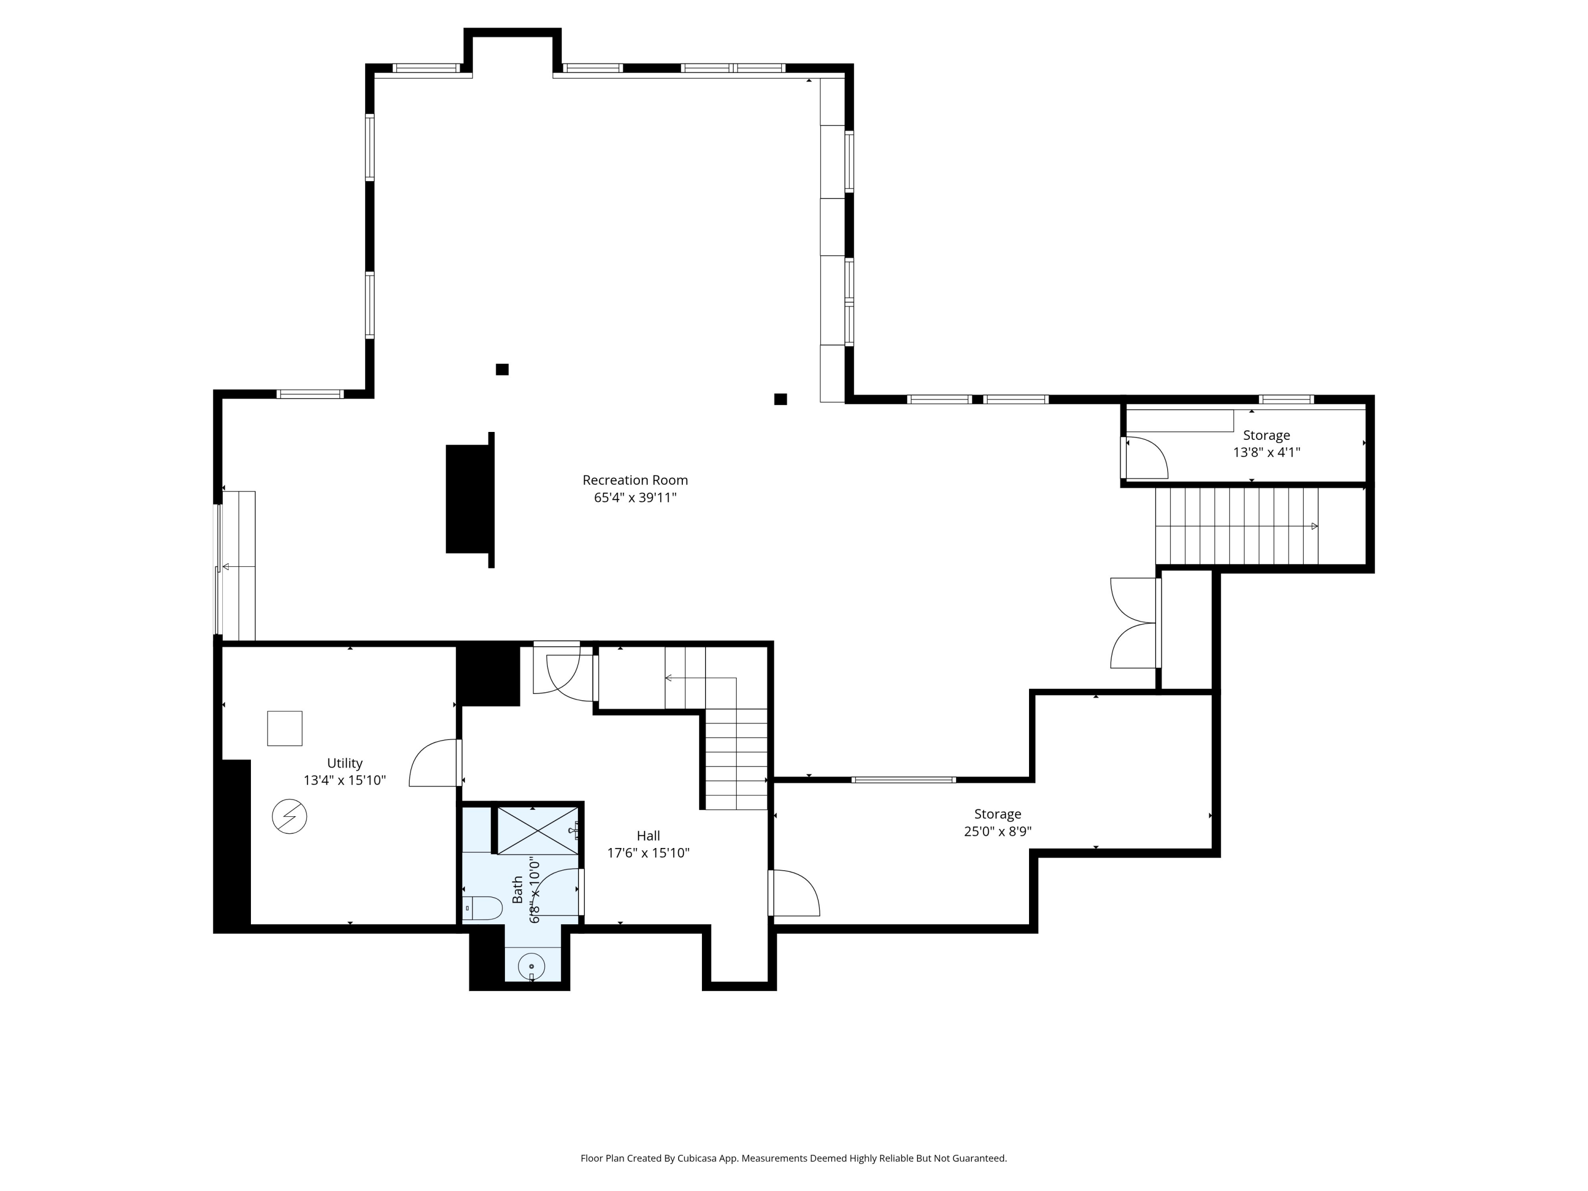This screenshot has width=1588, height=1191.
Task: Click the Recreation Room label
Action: (635, 480)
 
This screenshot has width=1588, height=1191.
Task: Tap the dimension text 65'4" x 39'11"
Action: (635, 498)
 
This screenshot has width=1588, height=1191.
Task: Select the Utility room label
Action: (345, 763)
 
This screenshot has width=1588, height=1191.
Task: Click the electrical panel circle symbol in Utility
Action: (290, 816)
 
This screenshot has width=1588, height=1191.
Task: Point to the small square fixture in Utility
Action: (284, 729)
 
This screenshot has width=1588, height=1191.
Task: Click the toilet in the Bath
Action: (482, 908)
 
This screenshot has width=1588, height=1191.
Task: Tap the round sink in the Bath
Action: (531, 966)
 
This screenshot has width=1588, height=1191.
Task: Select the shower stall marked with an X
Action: (537, 831)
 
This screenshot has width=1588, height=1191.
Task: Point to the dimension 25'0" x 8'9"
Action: (997, 832)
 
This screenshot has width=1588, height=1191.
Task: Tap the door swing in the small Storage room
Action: (1147, 457)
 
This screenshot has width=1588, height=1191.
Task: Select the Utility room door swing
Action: (434, 763)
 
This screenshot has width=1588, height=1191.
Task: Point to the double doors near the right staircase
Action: (1133, 623)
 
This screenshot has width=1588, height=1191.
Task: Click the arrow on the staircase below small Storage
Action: (1314, 526)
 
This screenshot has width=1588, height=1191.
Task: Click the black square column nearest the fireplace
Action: (502, 369)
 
